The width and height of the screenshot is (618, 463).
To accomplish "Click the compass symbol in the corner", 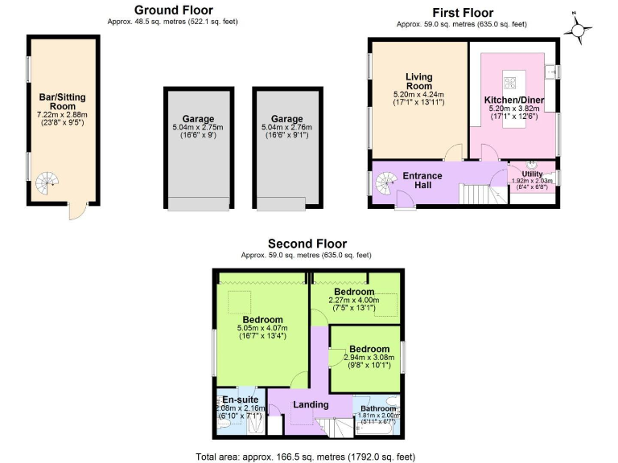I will pos(579,31).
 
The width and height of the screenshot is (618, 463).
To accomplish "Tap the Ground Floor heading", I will pos(172,10).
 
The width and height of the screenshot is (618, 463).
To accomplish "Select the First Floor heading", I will pos(463,12).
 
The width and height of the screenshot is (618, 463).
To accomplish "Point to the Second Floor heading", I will pos(307,244).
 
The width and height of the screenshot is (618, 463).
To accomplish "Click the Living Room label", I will pos(418,81).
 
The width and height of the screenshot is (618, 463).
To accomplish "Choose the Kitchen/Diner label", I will pos(513,100).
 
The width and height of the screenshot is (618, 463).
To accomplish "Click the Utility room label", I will pos(532,173).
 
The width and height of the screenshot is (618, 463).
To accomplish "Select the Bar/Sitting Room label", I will pos(62,101).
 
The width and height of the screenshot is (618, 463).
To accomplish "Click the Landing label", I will pos(311,404).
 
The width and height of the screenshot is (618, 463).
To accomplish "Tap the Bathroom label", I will pos(378,408).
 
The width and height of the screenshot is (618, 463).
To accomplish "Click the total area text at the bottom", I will pos(306,456).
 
